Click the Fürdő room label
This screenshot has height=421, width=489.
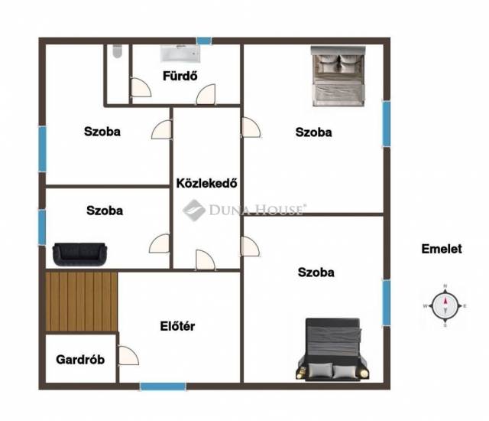coord(180,76)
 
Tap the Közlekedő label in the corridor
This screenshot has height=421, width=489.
coord(206,183)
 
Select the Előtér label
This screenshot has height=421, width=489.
coord(177,326)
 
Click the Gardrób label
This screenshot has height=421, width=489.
coord(80,360)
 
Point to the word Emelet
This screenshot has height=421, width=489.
coord(442,249)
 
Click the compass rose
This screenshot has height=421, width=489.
coord(445,305)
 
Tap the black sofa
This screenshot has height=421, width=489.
coord(79,254)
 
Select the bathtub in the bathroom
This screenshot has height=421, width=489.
coord(180,54)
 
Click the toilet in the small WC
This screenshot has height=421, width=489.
coord(117,51)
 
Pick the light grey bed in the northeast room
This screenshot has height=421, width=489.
coord(338,77)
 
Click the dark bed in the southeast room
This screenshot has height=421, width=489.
coord(333,349)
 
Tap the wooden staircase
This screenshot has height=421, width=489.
coord(82,302)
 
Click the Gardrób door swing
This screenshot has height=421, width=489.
coord(128,355)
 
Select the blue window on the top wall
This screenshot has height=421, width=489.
coord(204,41)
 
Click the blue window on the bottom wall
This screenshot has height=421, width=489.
coord(163,387)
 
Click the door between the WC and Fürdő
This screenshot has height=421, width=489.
coord(141,88)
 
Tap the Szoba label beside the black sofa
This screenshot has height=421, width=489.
coord(105,210)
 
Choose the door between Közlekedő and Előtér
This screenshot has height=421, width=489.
coord(206,259)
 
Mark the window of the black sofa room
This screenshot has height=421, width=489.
coord(42,227)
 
